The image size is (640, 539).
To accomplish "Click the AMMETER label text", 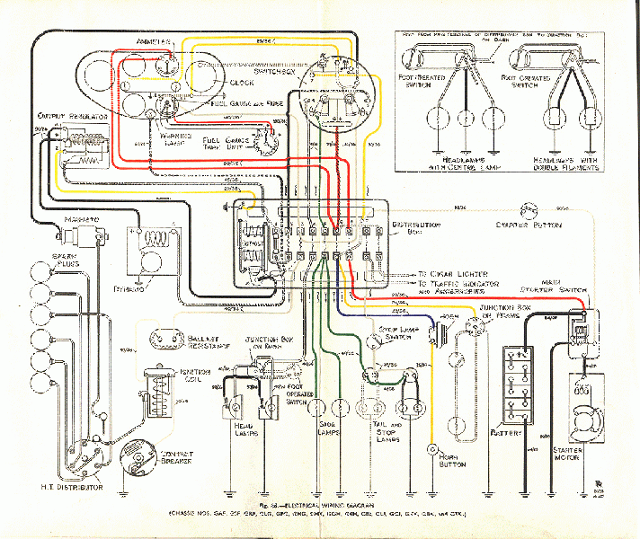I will (x=152, y=42).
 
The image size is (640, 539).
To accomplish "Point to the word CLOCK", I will (x=242, y=83).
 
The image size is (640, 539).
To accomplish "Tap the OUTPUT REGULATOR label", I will (x=72, y=117).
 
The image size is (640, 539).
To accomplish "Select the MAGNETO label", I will (x=80, y=219).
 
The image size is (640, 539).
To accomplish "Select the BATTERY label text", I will (x=506, y=434).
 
